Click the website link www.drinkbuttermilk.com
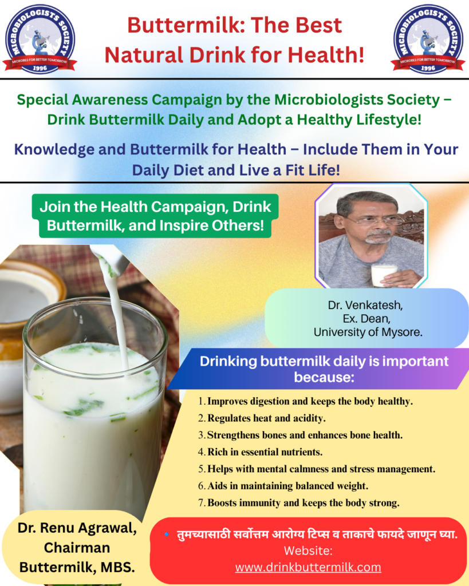(308, 567)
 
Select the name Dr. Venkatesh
(365, 305)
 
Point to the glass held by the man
(383, 275)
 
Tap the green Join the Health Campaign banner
(155, 216)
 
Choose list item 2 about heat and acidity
(262, 418)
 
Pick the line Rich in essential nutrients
(261, 452)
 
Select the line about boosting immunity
(299, 502)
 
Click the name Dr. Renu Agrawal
(77, 528)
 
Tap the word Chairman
(77, 548)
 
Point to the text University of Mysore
(368, 332)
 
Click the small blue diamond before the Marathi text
(167, 534)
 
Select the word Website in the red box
(308, 550)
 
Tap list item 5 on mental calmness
(317, 469)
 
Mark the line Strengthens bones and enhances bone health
(300, 435)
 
